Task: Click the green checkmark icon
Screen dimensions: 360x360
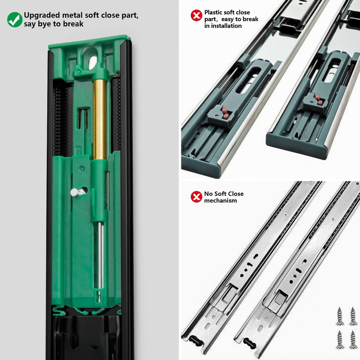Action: click(x=15, y=19)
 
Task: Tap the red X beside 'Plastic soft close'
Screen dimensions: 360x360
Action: click(x=196, y=15)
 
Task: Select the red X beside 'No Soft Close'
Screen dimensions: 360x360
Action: click(x=196, y=197)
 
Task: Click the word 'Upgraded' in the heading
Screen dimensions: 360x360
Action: click(x=42, y=15)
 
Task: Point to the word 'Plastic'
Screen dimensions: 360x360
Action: click(x=213, y=12)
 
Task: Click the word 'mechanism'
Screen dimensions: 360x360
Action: click(x=220, y=200)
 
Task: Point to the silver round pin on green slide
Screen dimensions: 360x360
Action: click(x=76, y=192)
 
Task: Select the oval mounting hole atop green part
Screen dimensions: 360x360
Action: click(x=93, y=62)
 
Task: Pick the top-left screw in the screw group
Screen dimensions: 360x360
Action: click(x=340, y=317)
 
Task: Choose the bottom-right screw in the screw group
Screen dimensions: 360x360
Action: click(x=352, y=340)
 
